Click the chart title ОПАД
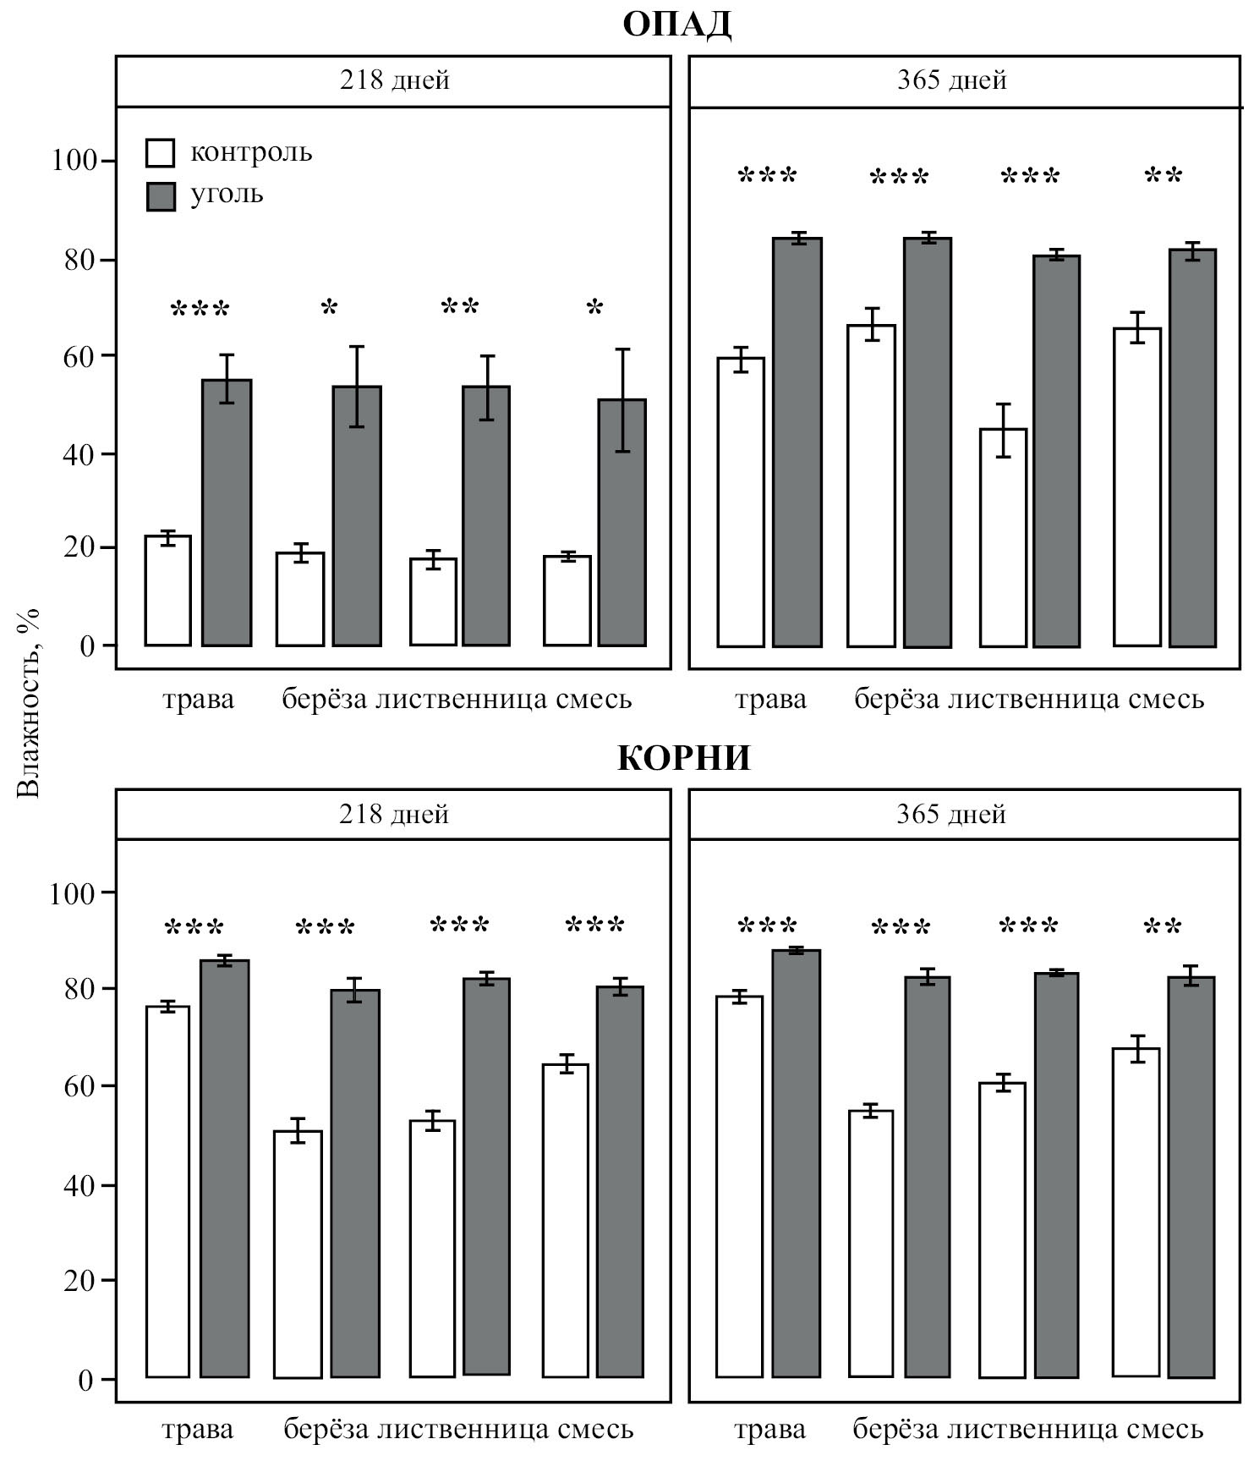point(676,25)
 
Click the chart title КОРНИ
point(683,757)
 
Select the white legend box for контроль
point(161,153)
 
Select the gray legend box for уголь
point(161,195)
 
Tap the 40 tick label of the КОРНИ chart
point(81,1184)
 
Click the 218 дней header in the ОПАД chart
point(395,80)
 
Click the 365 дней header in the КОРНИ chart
point(951,814)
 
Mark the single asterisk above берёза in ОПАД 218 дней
point(329,308)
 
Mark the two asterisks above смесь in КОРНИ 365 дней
point(1162,927)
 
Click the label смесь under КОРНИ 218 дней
point(595,1430)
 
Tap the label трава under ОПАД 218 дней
point(198,700)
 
